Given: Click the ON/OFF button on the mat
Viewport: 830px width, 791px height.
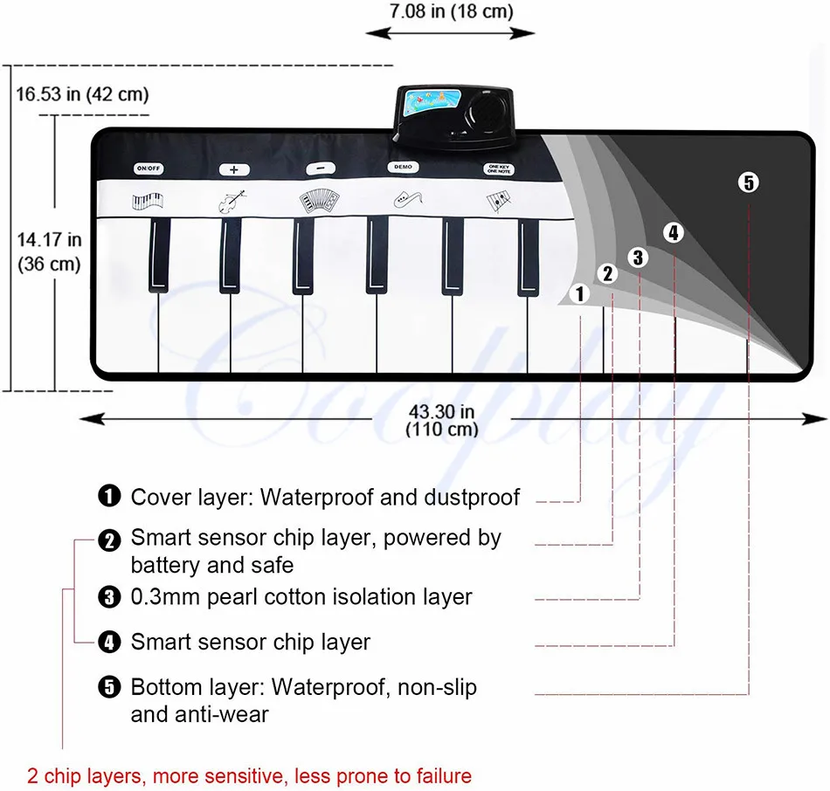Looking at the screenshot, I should [147, 168].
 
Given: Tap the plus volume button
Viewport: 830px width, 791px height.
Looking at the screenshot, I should [234, 169].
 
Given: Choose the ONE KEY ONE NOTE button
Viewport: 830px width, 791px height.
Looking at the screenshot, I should [496, 168].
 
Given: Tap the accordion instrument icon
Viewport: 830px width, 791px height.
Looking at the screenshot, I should [316, 201].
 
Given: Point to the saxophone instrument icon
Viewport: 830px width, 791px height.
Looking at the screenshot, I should [405, 201].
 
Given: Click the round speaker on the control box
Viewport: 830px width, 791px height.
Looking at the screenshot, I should [481, 112].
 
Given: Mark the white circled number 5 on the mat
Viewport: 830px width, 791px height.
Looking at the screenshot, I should [749, 182].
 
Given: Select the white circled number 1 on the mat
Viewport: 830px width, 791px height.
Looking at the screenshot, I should [580, 294].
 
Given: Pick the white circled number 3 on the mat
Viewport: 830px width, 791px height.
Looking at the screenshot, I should [639, 257].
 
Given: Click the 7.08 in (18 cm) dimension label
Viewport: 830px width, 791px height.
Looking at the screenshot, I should [450, 12].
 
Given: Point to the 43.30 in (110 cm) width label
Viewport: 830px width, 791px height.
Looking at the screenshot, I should [442, 420].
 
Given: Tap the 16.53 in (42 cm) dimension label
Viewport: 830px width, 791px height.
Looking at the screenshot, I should [81, 93].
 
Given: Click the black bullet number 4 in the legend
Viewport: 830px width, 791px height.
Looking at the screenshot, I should [109, 643].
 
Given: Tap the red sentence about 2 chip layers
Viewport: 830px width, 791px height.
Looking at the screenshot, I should [249, 775].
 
